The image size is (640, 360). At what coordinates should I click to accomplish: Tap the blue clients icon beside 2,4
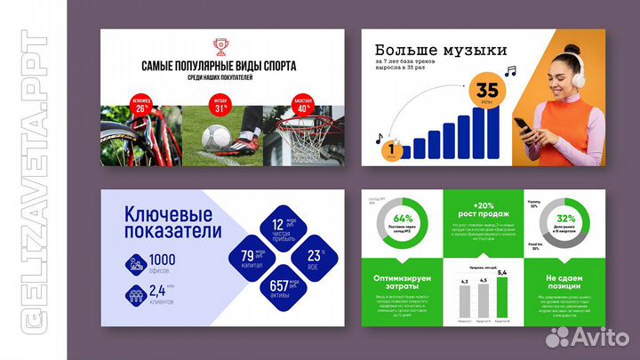click(136, 293)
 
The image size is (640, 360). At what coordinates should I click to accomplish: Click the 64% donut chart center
click(401, 219)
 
